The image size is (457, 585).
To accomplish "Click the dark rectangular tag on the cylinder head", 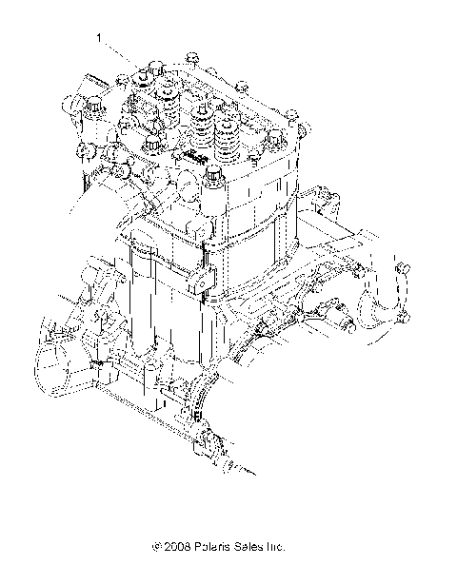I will tap(195, 155).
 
